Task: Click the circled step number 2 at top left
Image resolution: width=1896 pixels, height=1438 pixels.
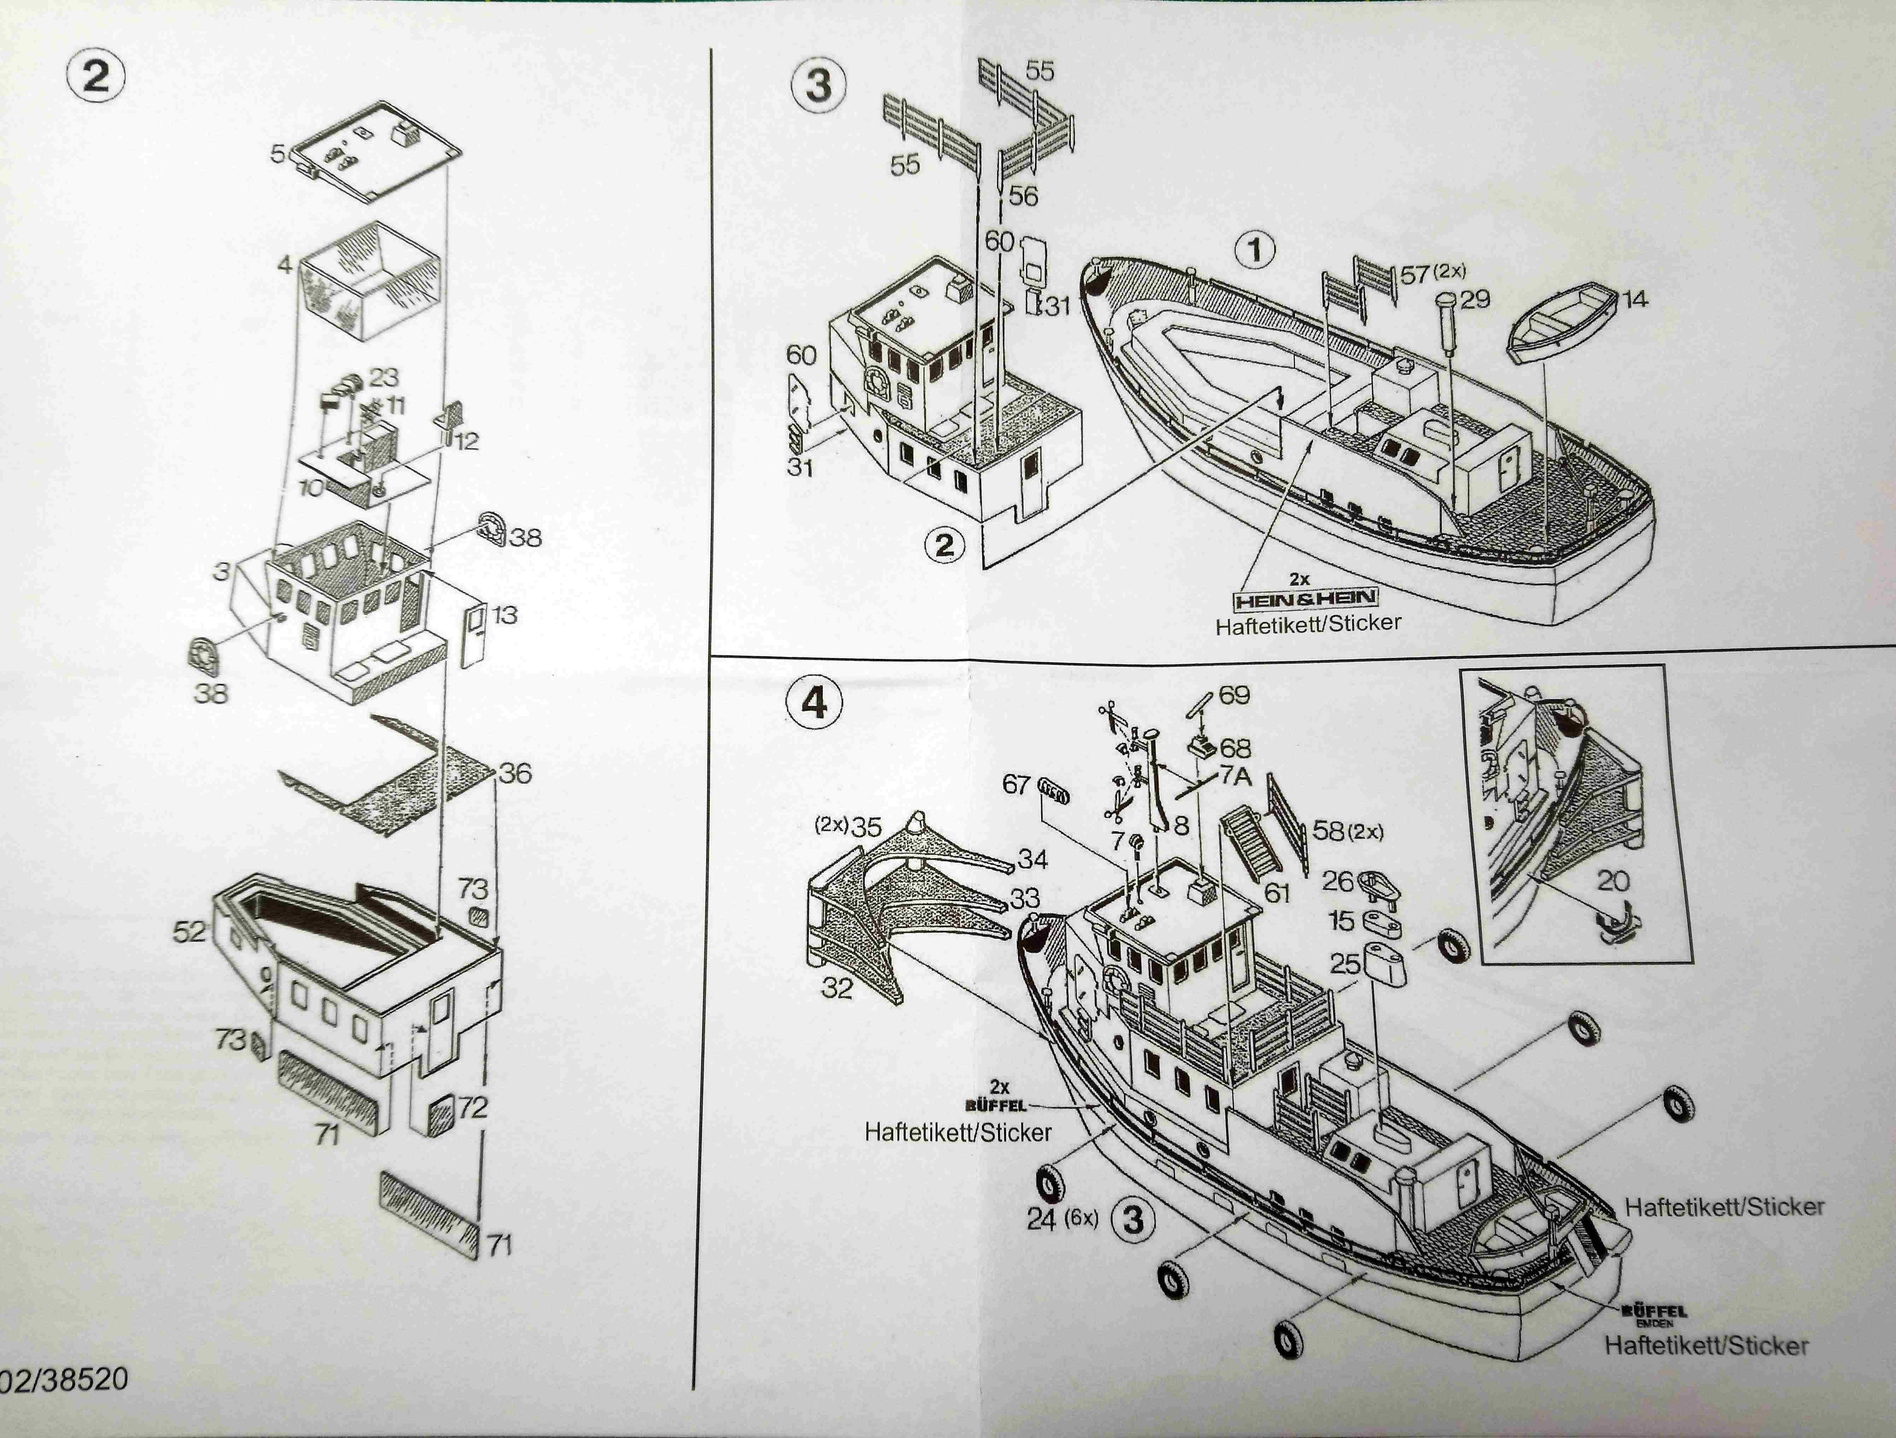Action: coord(95,77)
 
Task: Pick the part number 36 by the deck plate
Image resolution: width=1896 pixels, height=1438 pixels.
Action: coord(515,773)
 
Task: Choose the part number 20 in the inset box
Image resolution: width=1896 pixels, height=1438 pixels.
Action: coord(1612,880)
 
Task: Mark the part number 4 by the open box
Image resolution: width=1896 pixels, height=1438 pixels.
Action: coord(285,265)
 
